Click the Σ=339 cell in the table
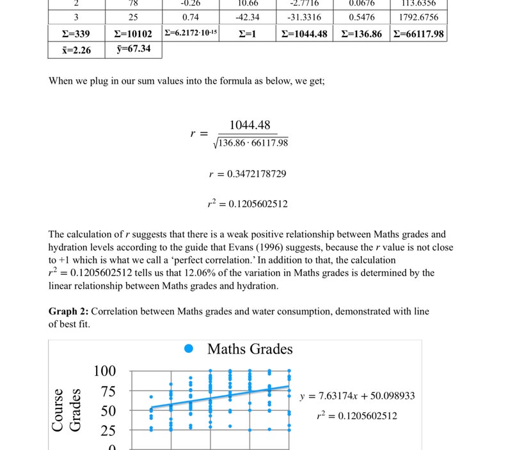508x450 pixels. coord(76,34)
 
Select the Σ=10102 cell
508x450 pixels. coord(133,34)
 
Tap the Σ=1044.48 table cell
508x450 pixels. coord(305,34)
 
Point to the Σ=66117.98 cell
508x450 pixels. coord(418,34)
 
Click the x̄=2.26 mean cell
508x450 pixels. coord(76,50)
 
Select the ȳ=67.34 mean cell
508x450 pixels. coord(133,49)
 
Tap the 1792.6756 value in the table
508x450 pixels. coord(418,17)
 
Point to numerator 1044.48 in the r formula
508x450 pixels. coord(250,125)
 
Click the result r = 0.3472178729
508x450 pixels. coord(247,174)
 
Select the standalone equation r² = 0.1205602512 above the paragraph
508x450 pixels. coord(247,204)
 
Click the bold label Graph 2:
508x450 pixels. coord(68,311)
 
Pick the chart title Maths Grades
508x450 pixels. coord(250,349)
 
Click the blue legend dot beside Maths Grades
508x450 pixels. coord(189,349)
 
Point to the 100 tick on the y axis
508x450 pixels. coord(105,371)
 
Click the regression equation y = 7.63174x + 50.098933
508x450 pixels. coord(357,396)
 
